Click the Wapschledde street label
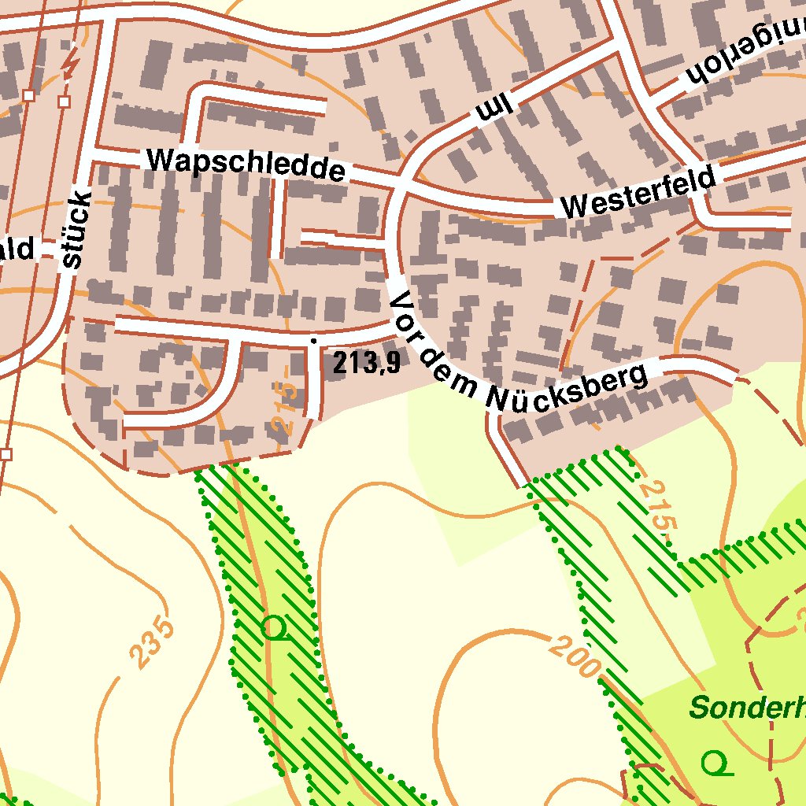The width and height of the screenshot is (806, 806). (246, 164)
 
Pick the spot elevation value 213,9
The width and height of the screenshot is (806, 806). (366, 363)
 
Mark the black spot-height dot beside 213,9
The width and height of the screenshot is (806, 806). (314, 341)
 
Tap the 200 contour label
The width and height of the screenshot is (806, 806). (574, 657)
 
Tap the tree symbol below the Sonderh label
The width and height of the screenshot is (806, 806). (715, 762)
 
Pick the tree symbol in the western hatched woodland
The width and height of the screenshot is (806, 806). (273, 628)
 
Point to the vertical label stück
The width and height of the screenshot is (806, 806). (76, 229)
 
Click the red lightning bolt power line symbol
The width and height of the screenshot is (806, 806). (72, 63)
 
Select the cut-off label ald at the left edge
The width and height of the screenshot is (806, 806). (17, 250)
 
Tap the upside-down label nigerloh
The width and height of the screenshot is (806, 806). (744, 57)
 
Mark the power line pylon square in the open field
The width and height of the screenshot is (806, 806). (6, 454)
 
